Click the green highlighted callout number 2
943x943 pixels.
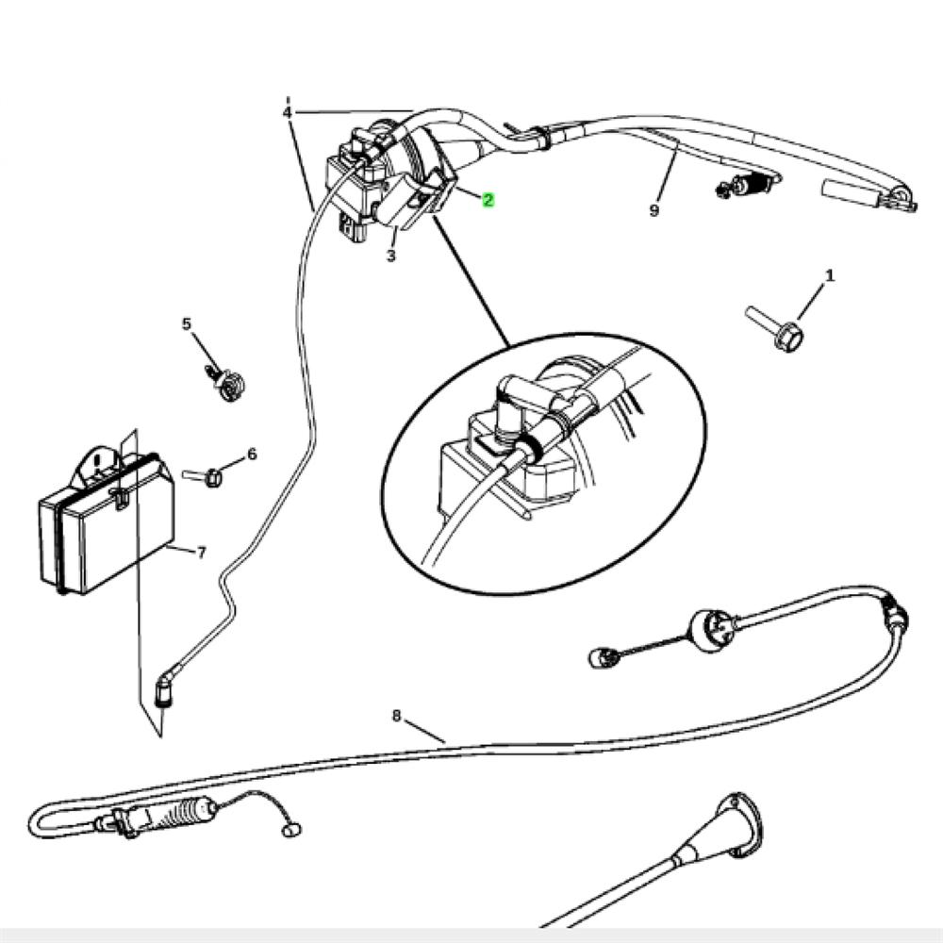488,200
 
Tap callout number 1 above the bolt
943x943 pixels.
830,276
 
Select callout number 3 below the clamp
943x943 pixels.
391,256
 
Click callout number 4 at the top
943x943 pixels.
288,112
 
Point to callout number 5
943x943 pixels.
187,324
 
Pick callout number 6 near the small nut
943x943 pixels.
252,455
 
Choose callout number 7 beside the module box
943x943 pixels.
202,552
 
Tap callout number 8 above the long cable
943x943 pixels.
396,716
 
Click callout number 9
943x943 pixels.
654,210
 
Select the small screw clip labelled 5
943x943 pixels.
225,382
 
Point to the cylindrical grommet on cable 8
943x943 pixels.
712,630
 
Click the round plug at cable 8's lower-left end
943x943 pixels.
291,831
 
